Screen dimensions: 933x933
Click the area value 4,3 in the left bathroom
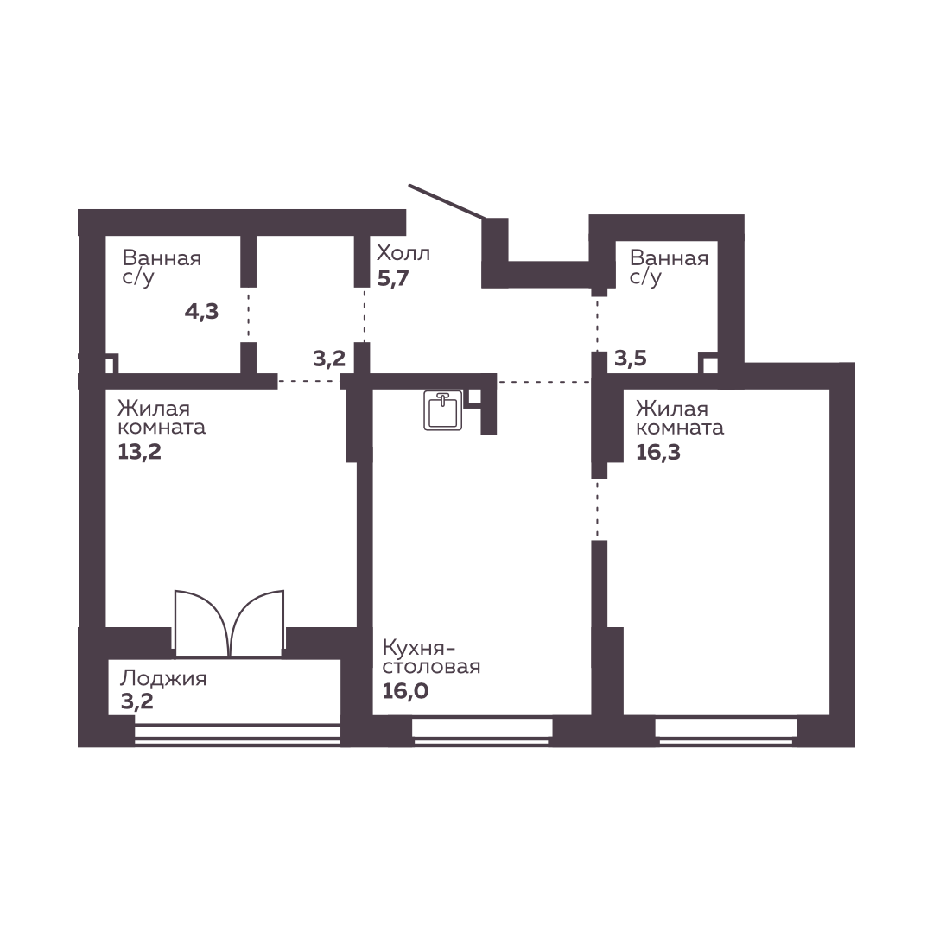point(201,311)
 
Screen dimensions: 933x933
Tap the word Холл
point(403,253)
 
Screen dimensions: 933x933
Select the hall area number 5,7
point(393,278)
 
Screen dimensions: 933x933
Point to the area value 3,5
point(630,359)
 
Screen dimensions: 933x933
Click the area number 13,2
point(140,452)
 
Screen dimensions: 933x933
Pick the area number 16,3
point(658,452)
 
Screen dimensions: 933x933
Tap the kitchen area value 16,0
point(405,691)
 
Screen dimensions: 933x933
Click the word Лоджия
point(163,679)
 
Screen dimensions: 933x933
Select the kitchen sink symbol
point(443,410)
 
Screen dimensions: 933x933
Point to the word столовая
point(431,666)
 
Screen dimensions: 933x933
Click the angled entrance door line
point(447,201)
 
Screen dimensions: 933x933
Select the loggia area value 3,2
point(136,701)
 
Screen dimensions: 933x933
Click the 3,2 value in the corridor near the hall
point(329,359)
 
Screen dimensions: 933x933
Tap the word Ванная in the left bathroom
point(162,258)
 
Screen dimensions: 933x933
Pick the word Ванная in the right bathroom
point(669,258)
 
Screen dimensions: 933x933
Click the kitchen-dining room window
point(482,732)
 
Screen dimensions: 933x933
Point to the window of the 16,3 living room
point(726,732)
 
